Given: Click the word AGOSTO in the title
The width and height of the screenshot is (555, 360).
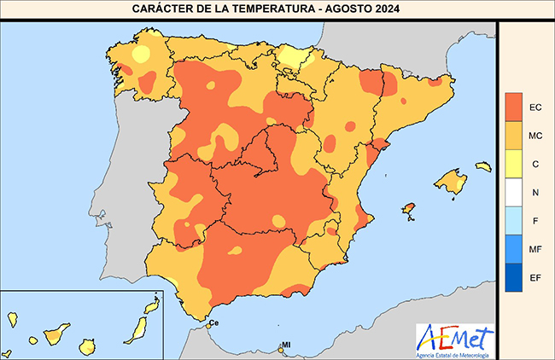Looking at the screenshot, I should [358, 9].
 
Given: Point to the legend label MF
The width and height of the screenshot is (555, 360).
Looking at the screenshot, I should [535, 249].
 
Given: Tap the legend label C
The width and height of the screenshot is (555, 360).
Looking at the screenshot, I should [535, 164].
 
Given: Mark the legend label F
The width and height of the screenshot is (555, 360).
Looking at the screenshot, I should [535, 221].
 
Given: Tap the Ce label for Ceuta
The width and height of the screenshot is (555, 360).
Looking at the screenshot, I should [214, 322].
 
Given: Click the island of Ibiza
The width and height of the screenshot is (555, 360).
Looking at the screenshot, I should [408, 209].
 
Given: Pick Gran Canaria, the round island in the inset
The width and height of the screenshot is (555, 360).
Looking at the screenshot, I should [86, 346].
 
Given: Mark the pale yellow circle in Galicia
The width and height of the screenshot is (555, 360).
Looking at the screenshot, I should [140, 53].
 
